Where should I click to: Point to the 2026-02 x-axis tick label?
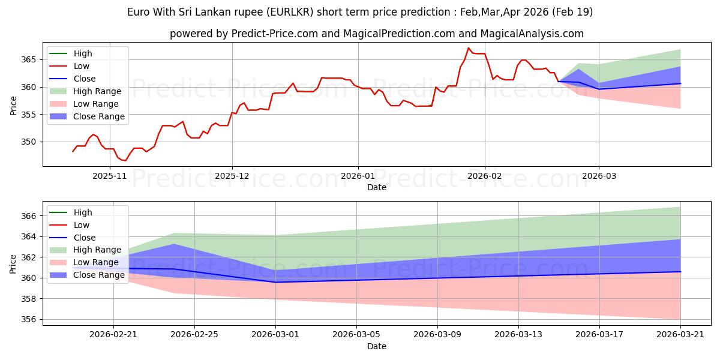[485, 176]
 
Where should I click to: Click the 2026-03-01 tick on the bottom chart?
[275, 335]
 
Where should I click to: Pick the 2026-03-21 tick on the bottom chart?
[680, 335]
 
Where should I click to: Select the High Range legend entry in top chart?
[98, 91]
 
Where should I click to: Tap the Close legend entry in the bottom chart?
[85, 238]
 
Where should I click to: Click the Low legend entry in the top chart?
[81, 66]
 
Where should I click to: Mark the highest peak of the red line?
[469, 48]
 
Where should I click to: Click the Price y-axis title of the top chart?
[13, 106]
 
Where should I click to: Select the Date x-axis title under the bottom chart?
[376, 346]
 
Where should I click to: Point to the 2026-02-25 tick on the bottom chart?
[194, 335]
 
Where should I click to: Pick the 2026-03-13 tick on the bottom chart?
[518, 335]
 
